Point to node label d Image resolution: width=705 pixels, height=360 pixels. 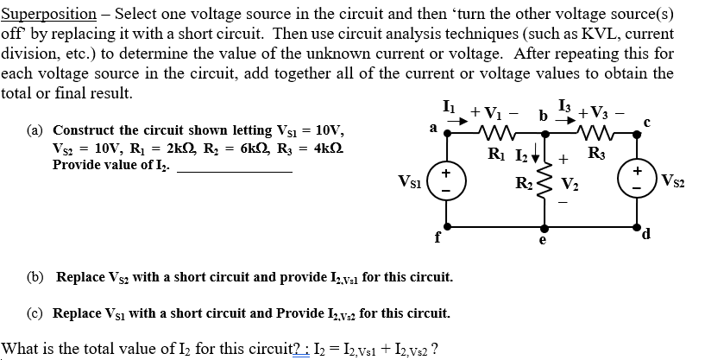tap(657, 232)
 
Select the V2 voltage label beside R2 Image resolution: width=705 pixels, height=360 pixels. tap(570, 183)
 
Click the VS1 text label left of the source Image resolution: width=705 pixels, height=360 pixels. tap(411, 182)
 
